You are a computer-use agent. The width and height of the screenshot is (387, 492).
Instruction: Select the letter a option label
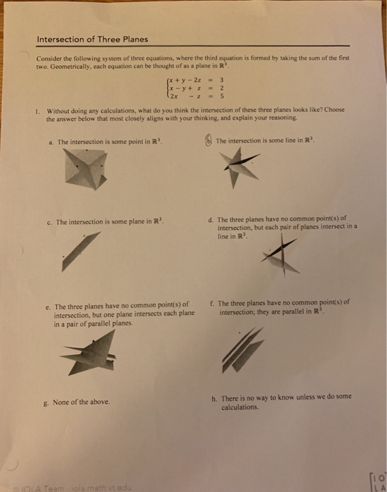point(52,142)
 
